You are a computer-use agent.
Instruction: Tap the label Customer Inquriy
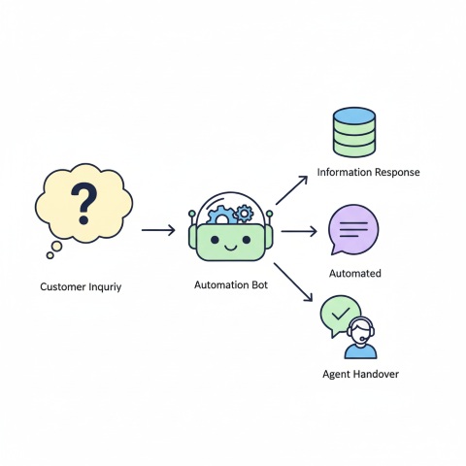pos(81,287)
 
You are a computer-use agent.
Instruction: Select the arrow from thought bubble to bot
pos(158,230)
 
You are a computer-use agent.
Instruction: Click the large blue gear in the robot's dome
pos(223,216)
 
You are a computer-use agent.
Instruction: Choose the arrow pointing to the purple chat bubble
pos(298,231)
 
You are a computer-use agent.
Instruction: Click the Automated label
pos(355,274)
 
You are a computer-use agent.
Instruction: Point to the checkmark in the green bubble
pos(339,314)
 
